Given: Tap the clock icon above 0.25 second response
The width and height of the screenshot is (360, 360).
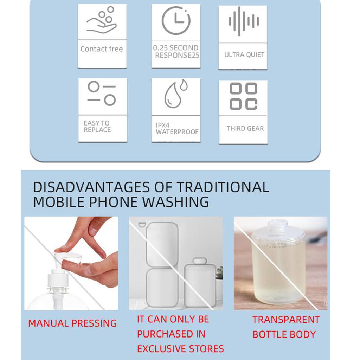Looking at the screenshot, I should [176, 20].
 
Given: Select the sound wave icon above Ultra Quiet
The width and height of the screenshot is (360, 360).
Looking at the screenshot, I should [244, 21].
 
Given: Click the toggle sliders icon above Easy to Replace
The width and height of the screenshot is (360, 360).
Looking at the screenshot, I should [102, 94].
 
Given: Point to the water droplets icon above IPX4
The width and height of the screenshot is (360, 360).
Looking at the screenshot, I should [176, 94].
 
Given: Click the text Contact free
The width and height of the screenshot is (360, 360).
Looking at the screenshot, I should [102, 49].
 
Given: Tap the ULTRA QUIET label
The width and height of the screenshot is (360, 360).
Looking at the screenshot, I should [244, 55].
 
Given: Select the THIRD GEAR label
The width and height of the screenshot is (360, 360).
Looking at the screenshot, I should [245, 129].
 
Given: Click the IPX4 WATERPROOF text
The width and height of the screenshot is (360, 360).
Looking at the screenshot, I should [177, 129].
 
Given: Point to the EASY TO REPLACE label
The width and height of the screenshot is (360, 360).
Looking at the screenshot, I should [97, 127].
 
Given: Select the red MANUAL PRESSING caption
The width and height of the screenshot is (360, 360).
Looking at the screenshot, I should [72, 323].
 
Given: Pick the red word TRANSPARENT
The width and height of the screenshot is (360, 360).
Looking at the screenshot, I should [286, 320].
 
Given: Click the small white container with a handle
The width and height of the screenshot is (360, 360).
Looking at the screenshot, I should [200, 283].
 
